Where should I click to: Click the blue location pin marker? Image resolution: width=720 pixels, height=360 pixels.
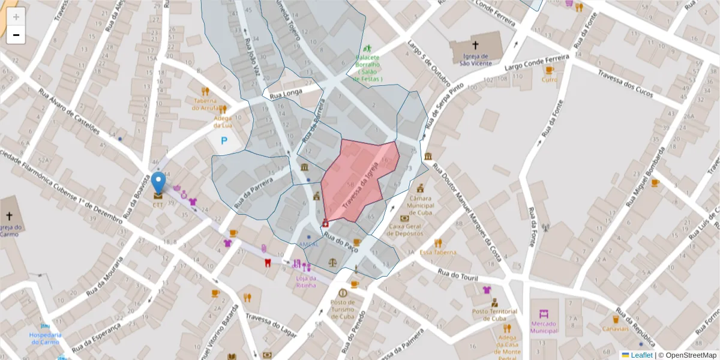click(158, 182)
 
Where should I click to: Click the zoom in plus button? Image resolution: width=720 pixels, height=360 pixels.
click(16, 17)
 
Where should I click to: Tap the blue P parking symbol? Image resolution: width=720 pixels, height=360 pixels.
click(224, 142)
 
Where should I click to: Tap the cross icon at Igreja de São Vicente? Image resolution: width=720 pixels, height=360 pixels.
click(475, 45)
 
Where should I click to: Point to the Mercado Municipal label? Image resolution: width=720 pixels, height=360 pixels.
click(544, 327)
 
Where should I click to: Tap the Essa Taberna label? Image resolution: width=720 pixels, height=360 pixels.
click(438, 253)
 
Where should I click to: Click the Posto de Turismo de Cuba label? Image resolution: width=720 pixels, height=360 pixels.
click(343, 310)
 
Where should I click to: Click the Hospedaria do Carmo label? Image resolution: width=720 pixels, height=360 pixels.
click(46, 338)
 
